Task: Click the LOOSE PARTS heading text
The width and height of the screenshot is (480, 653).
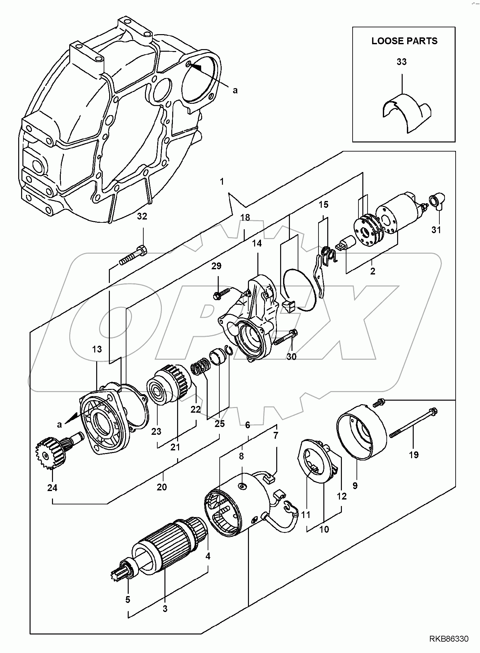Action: pos(404,41)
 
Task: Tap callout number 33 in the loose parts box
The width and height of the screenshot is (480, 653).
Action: pos(402,62)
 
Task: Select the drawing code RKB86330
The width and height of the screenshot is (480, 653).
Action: pos(449,639)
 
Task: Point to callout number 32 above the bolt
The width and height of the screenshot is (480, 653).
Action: pos(142,216)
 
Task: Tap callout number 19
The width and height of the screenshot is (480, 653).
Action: pos(414,454)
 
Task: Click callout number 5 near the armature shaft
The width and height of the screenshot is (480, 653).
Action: pos(128,599)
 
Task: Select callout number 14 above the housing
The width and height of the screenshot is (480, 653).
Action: pos(257,243)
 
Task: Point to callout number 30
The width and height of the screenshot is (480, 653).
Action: pos(292,356)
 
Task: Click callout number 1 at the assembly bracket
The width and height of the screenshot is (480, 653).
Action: pos(222,181)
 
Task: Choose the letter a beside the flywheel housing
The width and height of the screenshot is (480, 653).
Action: pos(235,90)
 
